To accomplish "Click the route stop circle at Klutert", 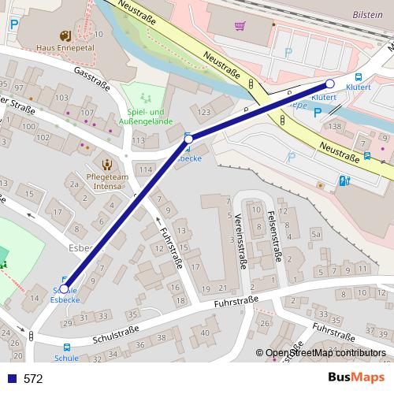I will [x=330, y=84].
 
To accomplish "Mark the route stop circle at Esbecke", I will [x=188, y=139].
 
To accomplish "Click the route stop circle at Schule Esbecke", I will [x=65, y=288].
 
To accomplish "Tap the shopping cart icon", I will [x=240, y=26].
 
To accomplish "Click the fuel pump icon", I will [x=344, y=180].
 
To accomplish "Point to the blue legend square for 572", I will [x=12, y=379].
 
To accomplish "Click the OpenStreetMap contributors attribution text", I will [x=325, y=354].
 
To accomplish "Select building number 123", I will [x=204, y=113].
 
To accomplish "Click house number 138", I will [x=336, y=126].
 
